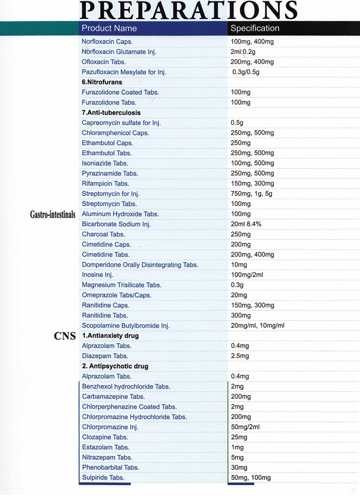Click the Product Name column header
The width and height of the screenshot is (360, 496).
point(109,28)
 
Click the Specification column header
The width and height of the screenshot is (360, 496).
point(255,28)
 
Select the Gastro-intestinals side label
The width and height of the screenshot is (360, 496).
point(53,214)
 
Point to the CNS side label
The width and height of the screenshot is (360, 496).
point(65,336)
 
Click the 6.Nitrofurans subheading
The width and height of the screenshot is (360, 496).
point(102,82)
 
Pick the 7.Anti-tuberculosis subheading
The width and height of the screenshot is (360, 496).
point(111,113)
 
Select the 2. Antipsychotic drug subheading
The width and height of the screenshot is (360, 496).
point(115,366)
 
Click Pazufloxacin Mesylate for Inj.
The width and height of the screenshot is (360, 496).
point(124,72)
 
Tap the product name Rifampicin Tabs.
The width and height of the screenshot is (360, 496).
point(105,184)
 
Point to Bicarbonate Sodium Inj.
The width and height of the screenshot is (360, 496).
point(116,224)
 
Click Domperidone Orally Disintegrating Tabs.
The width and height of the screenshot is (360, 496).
point(140,265)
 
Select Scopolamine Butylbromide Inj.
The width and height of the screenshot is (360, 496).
point(126,326)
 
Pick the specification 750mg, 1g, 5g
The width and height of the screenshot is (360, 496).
point(251,194)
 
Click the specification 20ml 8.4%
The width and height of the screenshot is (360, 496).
point(246,224)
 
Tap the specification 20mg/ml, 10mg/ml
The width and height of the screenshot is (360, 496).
point(257,326)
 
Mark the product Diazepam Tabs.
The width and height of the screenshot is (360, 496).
point(105,356)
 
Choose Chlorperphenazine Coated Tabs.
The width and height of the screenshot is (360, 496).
point(129,407)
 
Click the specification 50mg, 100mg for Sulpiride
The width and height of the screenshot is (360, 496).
point(251,478)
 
